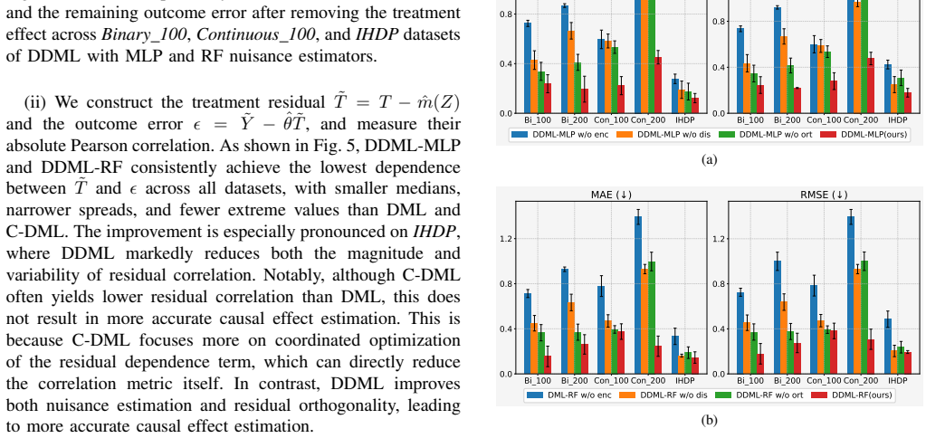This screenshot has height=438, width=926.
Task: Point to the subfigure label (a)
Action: click(x=709, y=159)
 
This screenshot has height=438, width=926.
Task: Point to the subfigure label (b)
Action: click(x=709, y=420)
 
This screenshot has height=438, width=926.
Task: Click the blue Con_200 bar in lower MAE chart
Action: click(x=638, y=294)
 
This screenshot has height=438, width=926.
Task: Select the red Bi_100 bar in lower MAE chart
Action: click(x=549, y=364)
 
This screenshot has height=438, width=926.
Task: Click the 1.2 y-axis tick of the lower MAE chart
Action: click(x=505, y=239)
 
